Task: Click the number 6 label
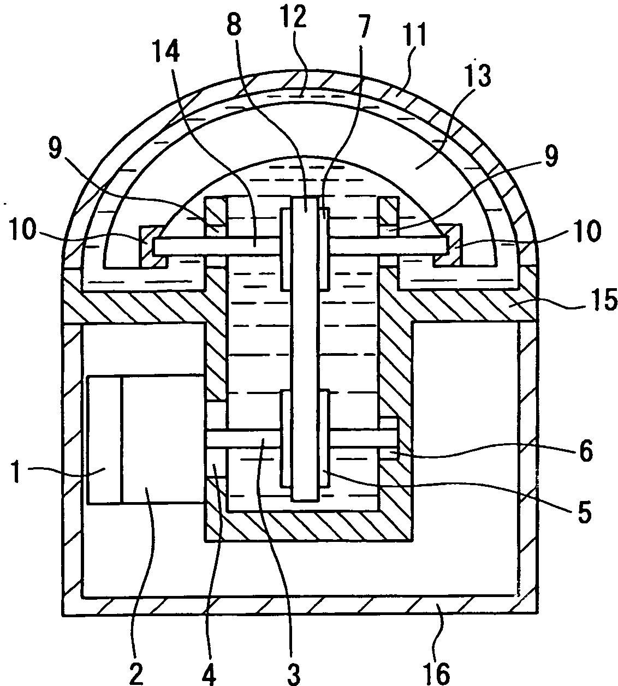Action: [x=585, y=451]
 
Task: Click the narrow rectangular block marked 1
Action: [x=104, y=439]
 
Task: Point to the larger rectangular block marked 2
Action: [x=162, y=439]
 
